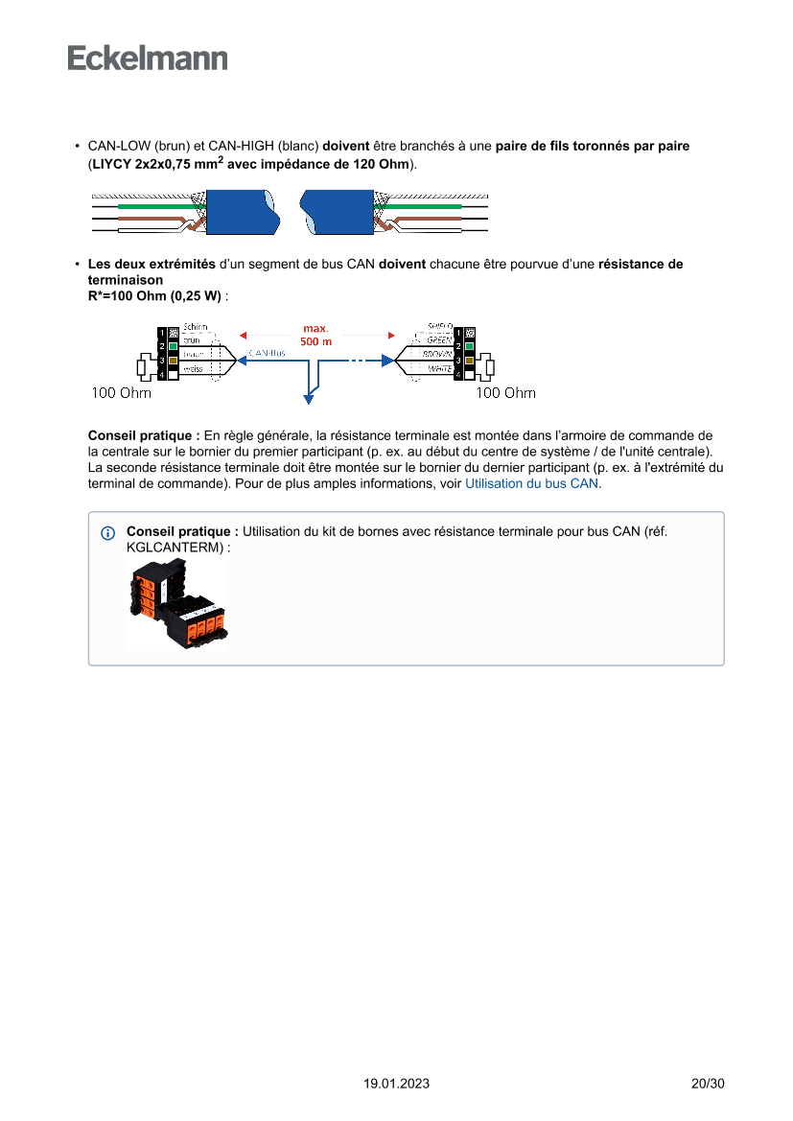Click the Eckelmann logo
148,58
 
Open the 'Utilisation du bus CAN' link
531,484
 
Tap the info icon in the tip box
107,532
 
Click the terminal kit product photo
178,605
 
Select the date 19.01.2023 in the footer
396,1084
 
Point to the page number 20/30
708,1084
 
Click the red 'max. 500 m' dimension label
316,335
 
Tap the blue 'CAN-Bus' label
267,353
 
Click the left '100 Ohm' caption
121,392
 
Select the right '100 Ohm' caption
506,392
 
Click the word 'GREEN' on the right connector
439,339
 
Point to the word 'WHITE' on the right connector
440,368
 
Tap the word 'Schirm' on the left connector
194,327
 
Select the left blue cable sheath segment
240,213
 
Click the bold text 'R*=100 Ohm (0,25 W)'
154,295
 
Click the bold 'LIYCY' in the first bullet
111,165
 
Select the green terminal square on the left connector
173,345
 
